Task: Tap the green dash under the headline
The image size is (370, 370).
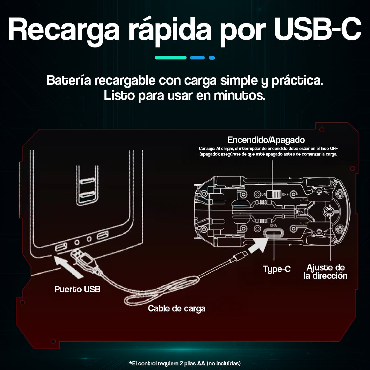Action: tap(171, 58)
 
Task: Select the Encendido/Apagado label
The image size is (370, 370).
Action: tap(266, 140)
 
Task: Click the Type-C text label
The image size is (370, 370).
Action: tap(277, 269)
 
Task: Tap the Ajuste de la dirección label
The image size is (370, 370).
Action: tap(325, 272)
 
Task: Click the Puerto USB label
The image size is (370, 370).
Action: tap(77, 289)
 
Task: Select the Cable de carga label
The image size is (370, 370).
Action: tap(177, 309)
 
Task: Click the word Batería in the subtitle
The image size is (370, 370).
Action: tap(68, 80)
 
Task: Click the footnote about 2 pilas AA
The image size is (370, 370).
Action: tap(185, 363)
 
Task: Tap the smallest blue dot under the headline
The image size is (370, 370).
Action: tap(212, 58)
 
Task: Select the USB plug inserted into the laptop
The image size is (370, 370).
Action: tap(83, 258)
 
